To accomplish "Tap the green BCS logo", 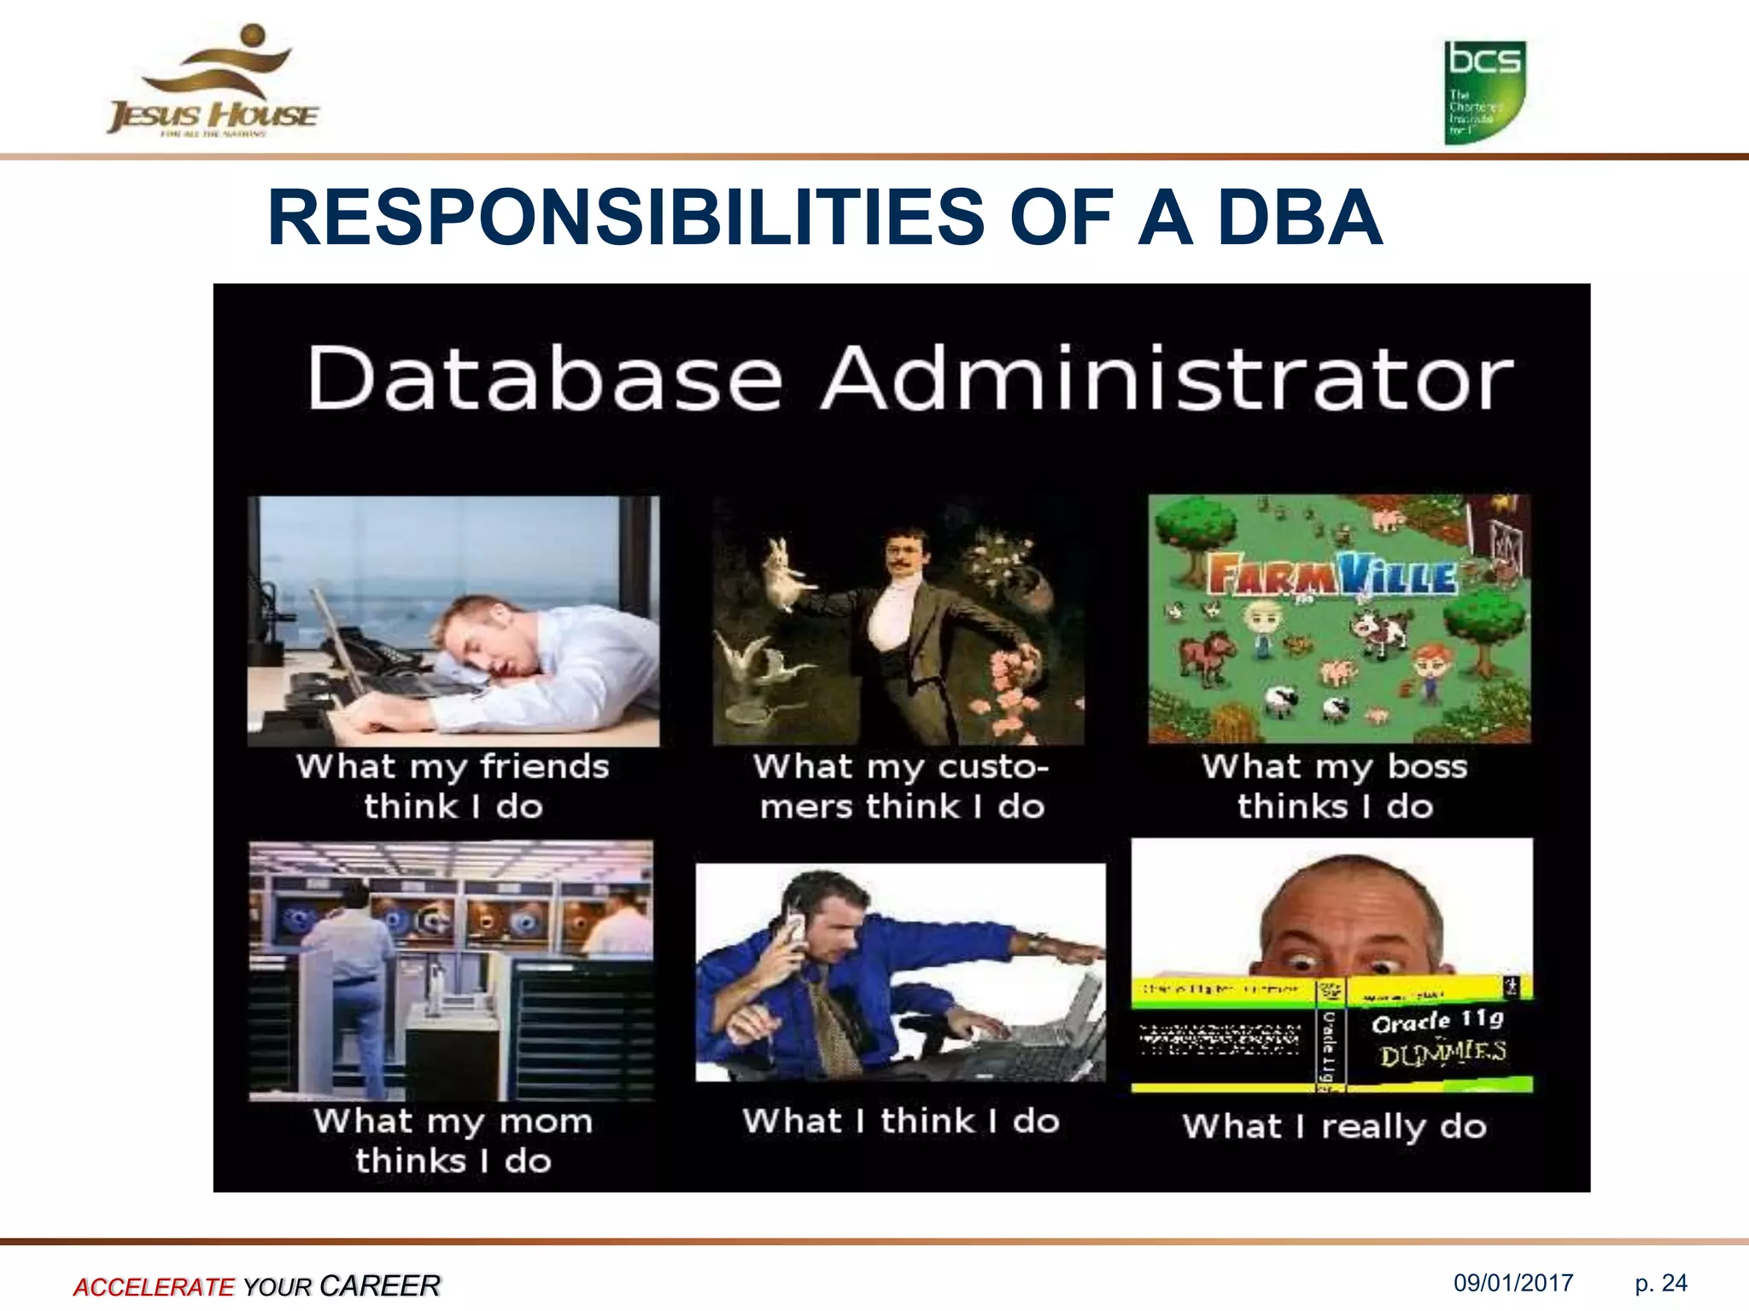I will pyautogui.click(x=1484, y=92).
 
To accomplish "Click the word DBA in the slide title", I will pyautogui.click(x=1299, y=218).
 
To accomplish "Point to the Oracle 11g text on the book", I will pyautogui.click(x=1437, y=1021).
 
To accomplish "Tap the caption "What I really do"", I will pyautogui.click(x=1335, y=1127).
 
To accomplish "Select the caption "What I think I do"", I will pyautogui.click(x=901, y=1121).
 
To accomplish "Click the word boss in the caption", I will pyautogui.click(x=1427, y=766).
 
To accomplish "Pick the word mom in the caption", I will pyautogui.click(x=546, y=1121).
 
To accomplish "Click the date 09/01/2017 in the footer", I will pyautogui.click(x=1513, y=1283).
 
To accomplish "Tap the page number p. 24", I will pyautogui.click(x=1660, y=1283).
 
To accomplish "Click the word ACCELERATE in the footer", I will pyautogui.click(x=153, y=1286).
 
